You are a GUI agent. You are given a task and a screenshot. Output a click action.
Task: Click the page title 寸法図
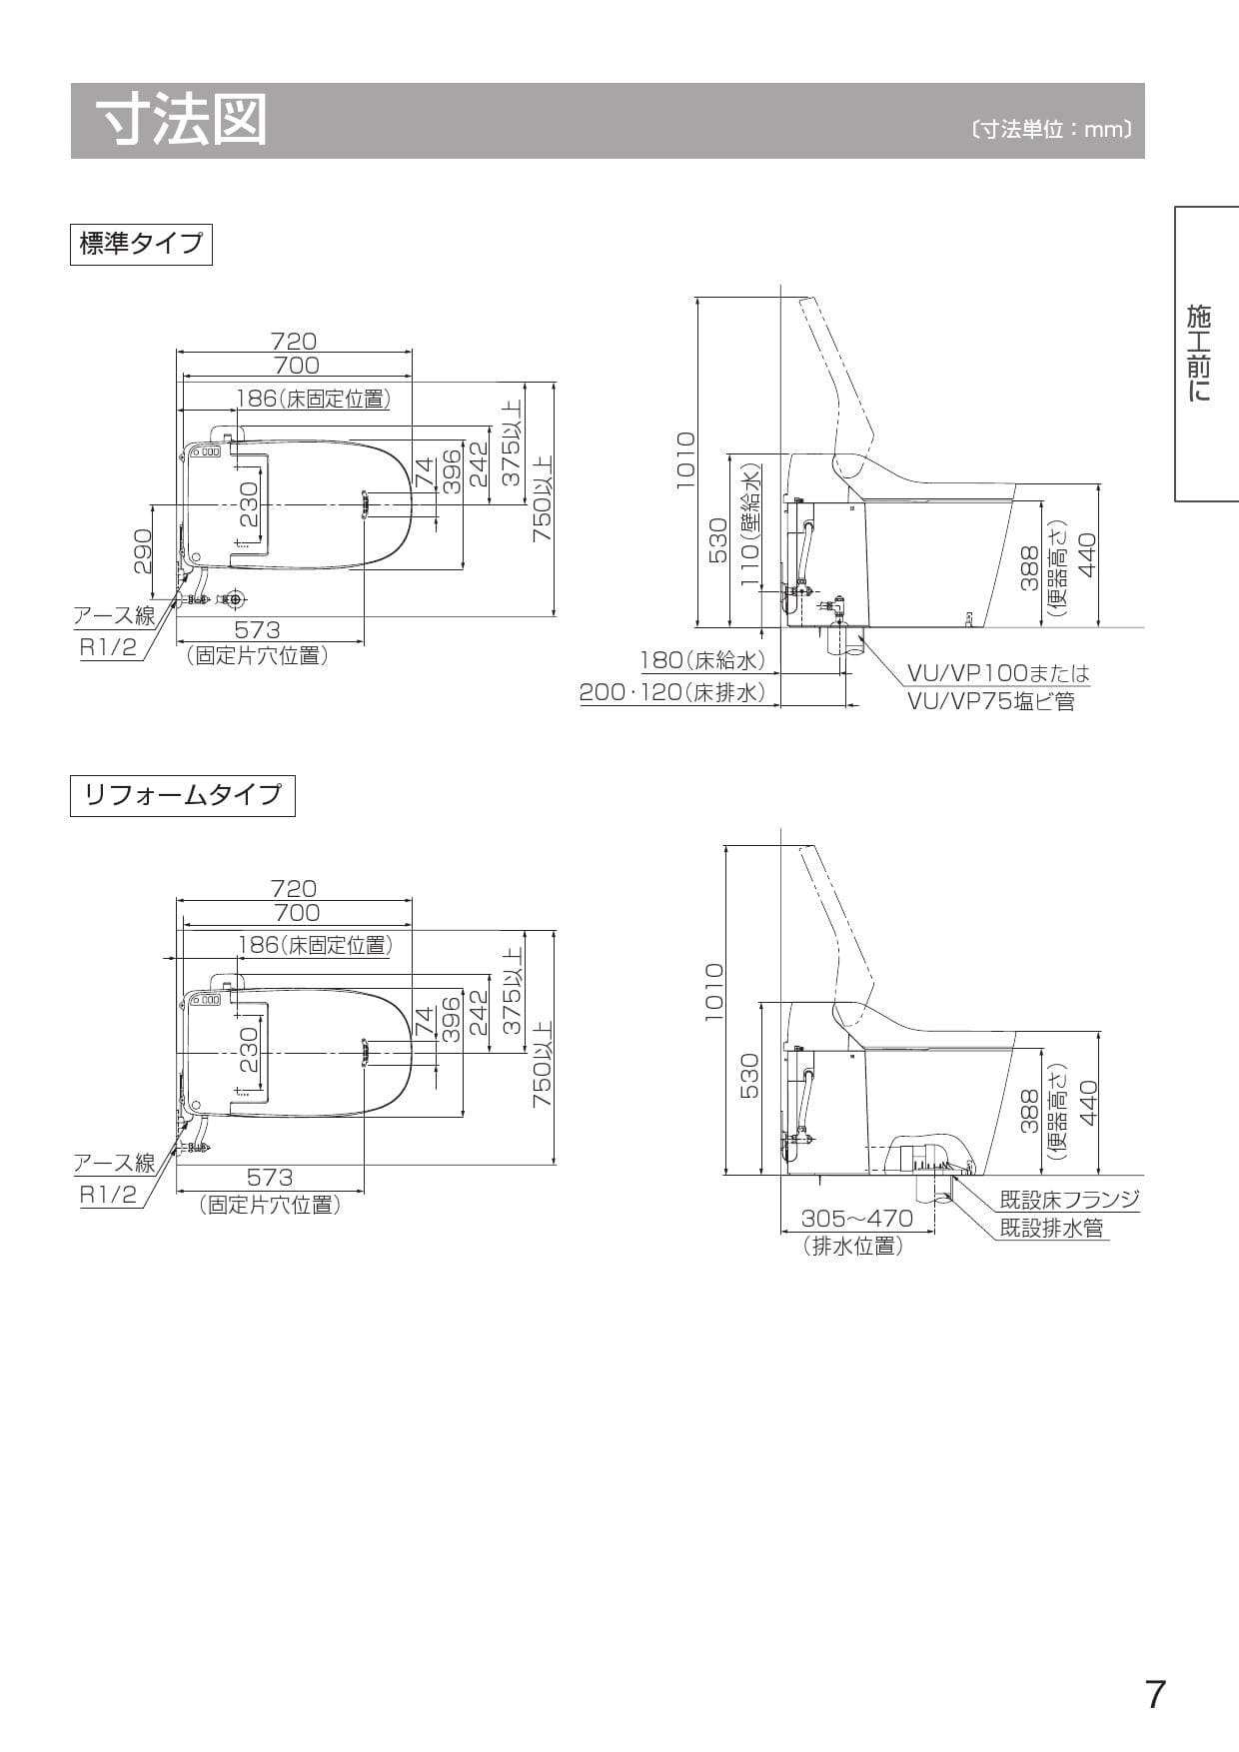point(183,121)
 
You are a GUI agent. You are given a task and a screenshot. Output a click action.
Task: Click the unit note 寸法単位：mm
point(1052,130)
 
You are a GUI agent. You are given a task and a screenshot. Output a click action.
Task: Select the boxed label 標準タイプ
point(141,244)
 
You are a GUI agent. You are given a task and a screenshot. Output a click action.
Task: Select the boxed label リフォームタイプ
point(183,796)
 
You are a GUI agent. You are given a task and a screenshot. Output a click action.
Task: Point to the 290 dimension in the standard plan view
point(142,551)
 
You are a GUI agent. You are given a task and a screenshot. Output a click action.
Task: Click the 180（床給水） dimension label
point(702,660)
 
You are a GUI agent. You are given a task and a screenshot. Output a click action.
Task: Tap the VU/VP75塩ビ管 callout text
point(990,701)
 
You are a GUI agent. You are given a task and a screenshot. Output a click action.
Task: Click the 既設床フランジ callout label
point(1069,1200)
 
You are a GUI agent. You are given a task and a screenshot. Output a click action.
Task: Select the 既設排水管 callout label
point(1052,1228)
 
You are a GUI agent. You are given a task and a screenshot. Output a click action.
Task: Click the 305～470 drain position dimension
point(856,1219)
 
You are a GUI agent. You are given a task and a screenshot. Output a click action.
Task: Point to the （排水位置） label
point(853,1246)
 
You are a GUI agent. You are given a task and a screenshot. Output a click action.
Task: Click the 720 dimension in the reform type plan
point(294,888)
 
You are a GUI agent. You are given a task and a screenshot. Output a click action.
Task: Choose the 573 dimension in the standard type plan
point(258,630)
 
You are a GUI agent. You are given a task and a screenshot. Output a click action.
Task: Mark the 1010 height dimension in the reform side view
point(713,992)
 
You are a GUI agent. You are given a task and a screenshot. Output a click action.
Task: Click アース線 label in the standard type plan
point(114,616)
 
